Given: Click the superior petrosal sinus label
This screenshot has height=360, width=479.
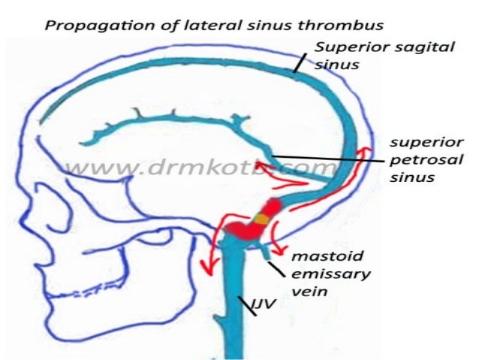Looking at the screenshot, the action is pyautogui.click(x=426, y=160).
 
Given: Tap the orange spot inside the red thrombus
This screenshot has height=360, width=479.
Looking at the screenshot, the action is pyautogui.click(x=261, y=218).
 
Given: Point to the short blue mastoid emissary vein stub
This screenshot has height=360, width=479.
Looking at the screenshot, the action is pyautogui.click(x=267, y=254).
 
